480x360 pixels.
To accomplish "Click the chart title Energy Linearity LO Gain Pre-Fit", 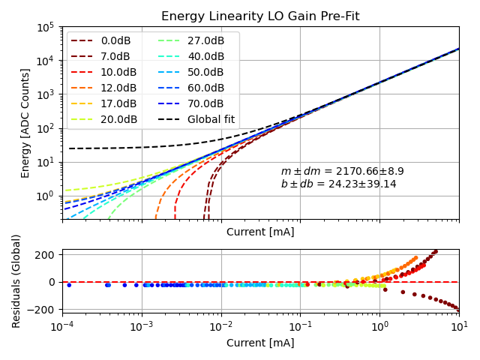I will (x=260, y=16).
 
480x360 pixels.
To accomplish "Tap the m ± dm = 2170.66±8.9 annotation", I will (x=342, y=171).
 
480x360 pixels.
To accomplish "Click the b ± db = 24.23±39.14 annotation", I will (x=338, y=184).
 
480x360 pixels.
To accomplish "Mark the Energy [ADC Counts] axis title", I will (x=25, y=123).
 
